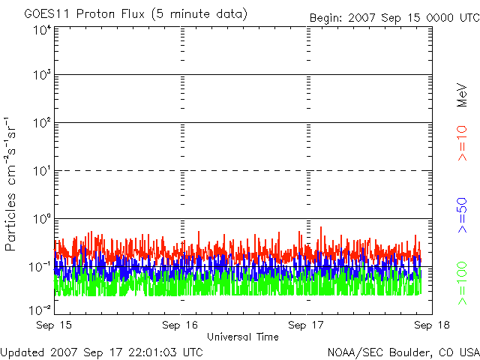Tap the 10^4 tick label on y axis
click(41, 29)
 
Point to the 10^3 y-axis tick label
click(41, 76)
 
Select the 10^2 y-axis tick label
click(41, 124)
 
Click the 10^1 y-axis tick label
click(41, 172)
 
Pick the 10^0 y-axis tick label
click(41, 220)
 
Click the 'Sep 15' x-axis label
click(55, 325)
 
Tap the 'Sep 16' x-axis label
click(180, 325)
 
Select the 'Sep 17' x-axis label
click(306, 325)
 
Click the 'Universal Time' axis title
click(242, 337)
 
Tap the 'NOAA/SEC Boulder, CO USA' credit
click(403, 352)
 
